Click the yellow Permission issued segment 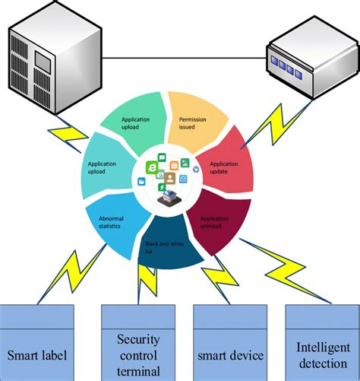pyautogui.click(x=197, y=120)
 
